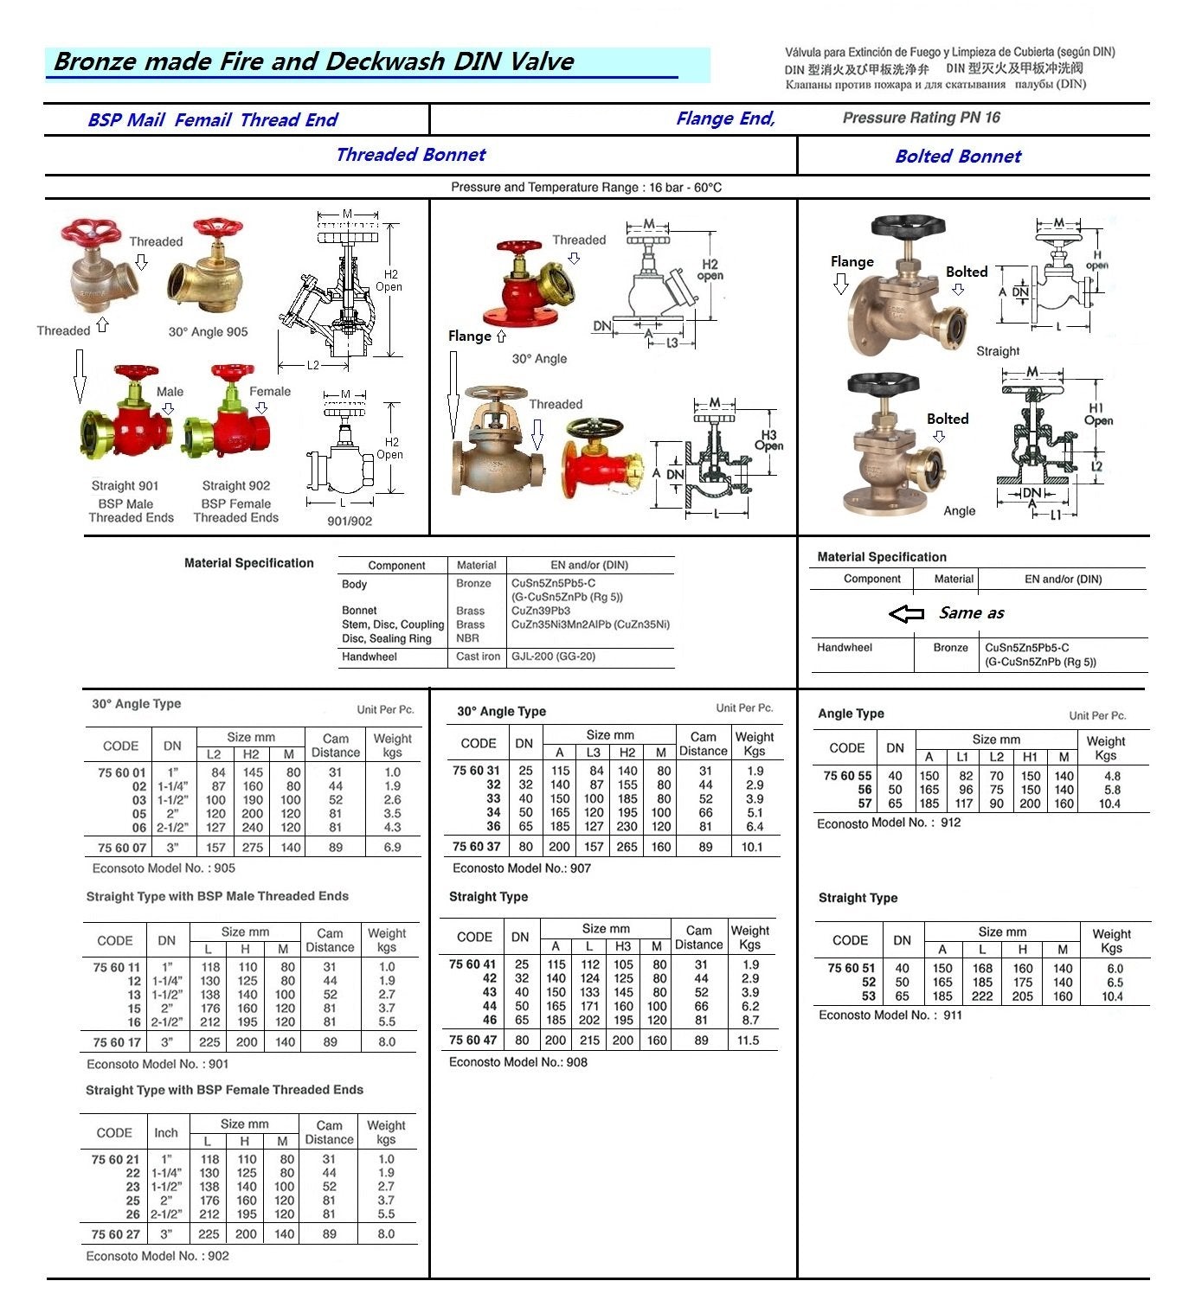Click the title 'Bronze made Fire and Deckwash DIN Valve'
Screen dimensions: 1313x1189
click(313, 61)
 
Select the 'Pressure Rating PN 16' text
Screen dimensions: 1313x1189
click(921, 118)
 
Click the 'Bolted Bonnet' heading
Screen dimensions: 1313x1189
click(958, 157)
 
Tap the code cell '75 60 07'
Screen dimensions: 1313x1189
click(122, 848)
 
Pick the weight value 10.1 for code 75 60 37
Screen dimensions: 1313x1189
click(752, 847)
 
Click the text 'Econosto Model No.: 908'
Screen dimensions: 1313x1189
click(517, 1062)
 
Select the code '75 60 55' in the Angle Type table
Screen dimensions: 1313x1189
click(847, 776)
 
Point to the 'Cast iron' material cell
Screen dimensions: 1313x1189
click(478, 656)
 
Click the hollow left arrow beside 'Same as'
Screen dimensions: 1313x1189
click(907, 613)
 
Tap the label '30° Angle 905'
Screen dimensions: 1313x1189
click(208, 332)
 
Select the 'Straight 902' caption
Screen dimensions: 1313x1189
click(235, 486)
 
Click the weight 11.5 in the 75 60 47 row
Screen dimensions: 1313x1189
click(748, 1041)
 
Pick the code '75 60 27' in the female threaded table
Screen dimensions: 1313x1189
click(115, 1234)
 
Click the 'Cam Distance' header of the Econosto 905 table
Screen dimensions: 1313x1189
click(336, 746)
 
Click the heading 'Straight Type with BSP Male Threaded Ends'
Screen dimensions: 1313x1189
click(217, 896)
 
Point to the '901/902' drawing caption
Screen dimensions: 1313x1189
click(350, 522)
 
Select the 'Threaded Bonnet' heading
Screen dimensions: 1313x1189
click(410, 155)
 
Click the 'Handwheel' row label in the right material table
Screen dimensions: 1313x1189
click(845, 648)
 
